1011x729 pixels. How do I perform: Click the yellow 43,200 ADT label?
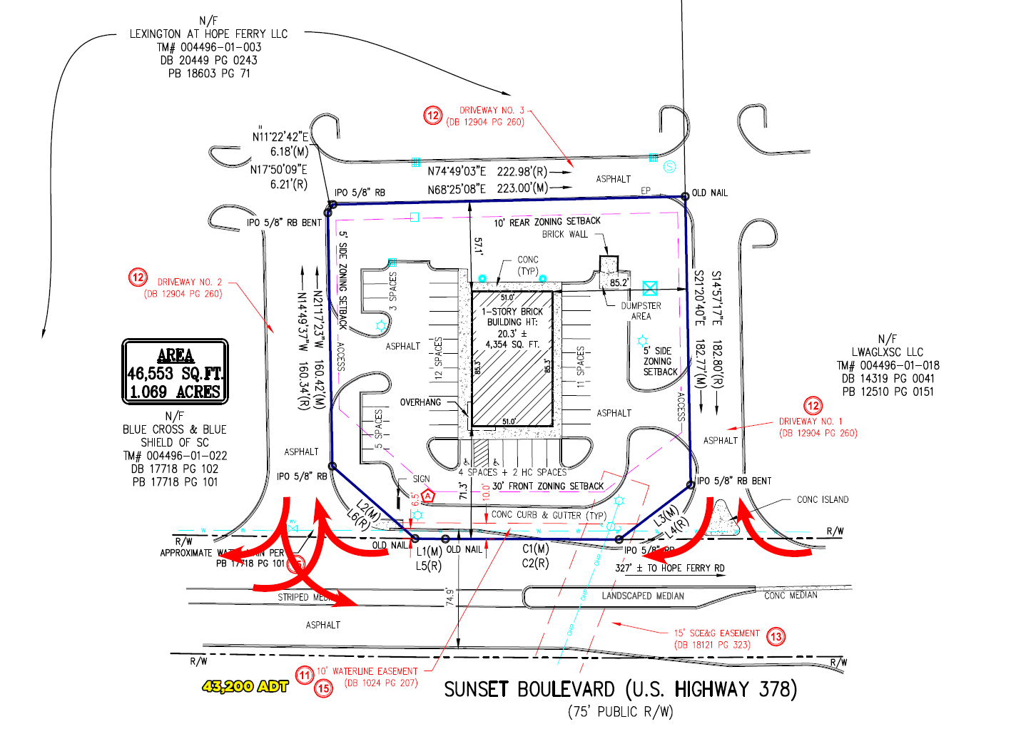click(245, 686)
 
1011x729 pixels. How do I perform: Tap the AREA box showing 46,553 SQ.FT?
click(176, 372)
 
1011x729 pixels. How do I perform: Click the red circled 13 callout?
click(776, 636)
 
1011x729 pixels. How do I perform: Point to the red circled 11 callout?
click(305, 675)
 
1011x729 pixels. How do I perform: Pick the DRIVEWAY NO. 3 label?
click(492, 111)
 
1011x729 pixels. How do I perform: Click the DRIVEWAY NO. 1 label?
click(811, 422)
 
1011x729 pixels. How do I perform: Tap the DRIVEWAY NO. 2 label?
click(189, 282)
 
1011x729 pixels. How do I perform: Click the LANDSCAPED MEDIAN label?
click(643, 596)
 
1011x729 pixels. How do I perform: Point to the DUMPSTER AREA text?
click(641, 311)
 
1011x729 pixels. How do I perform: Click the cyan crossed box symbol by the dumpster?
click(649, 288)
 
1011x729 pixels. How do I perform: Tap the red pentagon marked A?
click(428, 496)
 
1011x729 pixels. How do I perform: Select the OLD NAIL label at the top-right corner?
click(710, 193)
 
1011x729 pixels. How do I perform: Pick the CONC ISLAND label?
click(823, 499)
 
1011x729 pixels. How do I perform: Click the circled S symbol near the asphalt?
click(669, 166)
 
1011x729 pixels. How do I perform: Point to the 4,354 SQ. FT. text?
click(512, 345)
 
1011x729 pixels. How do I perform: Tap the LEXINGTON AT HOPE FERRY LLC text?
click(208, 34)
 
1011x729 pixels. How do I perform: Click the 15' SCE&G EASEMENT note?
click(716, 633)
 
